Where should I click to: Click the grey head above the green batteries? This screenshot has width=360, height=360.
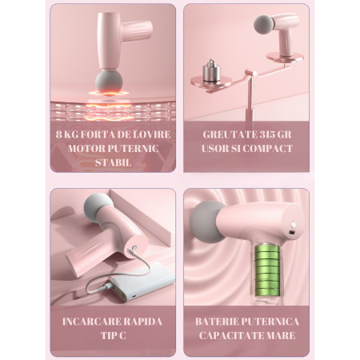pos(210,218)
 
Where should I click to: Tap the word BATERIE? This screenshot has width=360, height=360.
pos(219,321)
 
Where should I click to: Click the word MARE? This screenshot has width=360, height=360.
pos(281,335)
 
